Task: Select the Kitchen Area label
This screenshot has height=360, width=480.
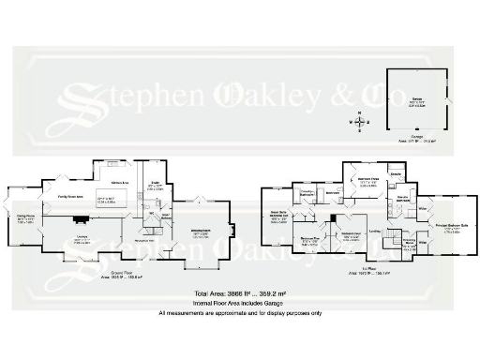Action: pyautogui.click(x=119, y=182)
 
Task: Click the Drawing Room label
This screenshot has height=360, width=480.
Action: pyautogui.click(x=200, y=231)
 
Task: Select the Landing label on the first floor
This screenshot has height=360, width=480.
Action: pyautogui.click(x=375, y=231)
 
